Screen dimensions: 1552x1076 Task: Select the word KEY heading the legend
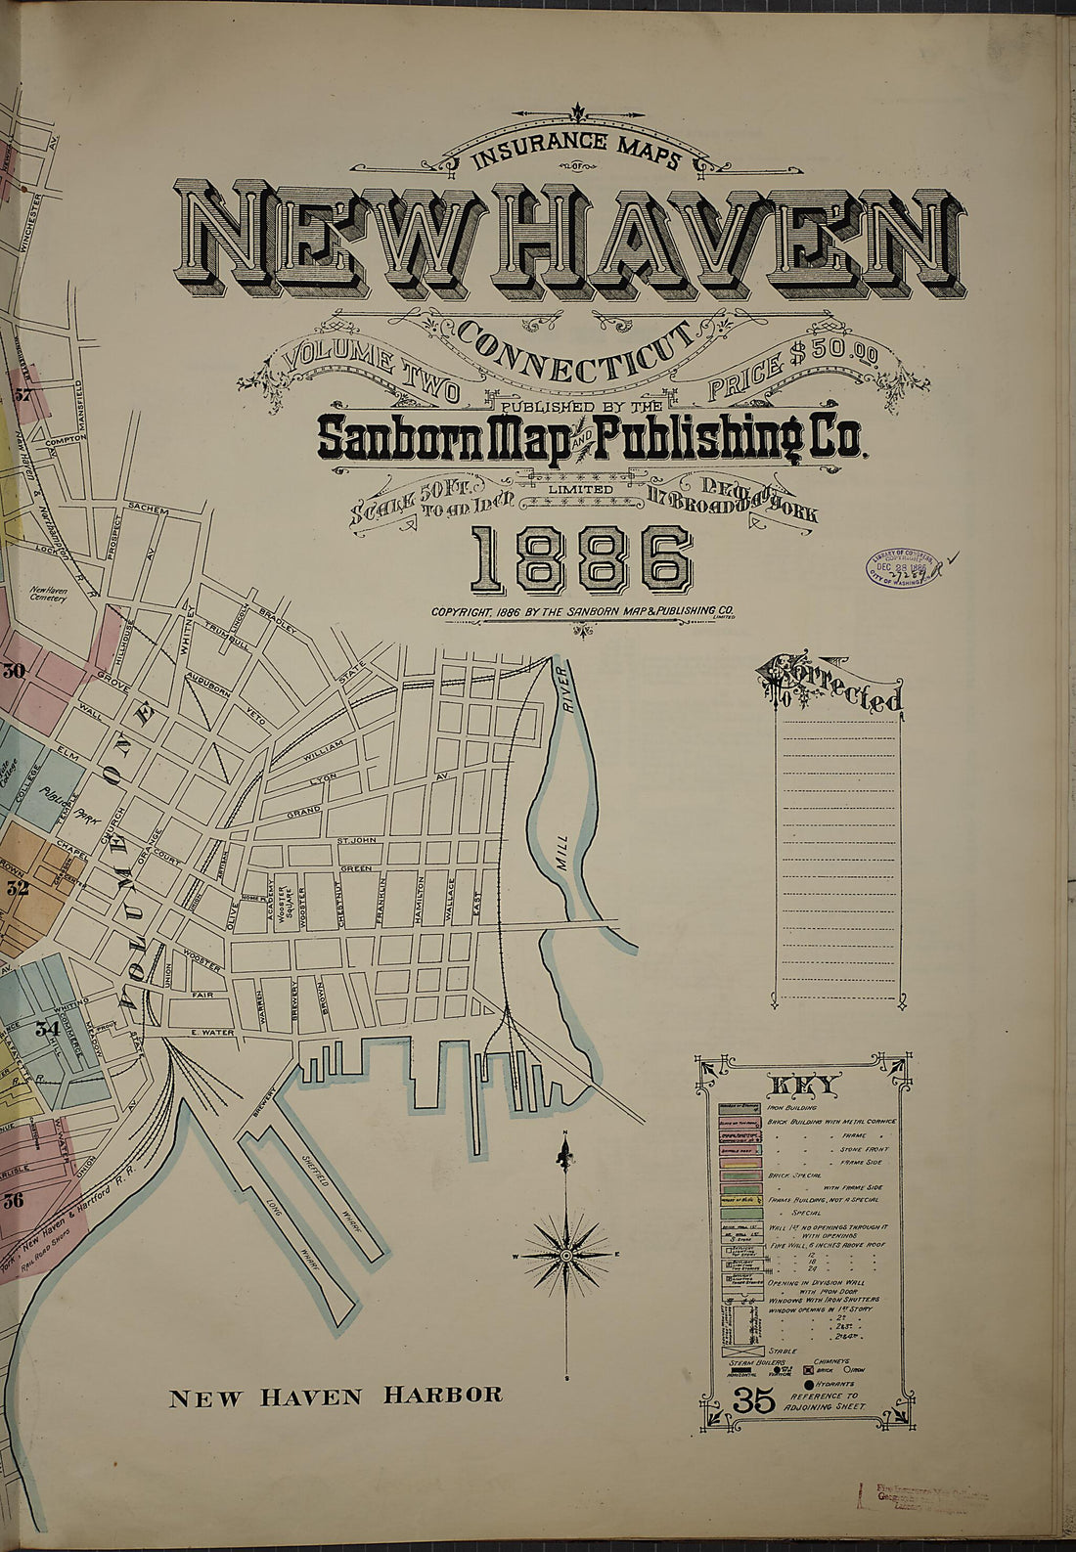(804, 1085)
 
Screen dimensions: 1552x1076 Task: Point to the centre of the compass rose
(565, 1255)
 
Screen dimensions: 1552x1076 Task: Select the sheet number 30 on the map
(14, 671)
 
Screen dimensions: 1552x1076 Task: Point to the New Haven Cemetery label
(48, 595)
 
